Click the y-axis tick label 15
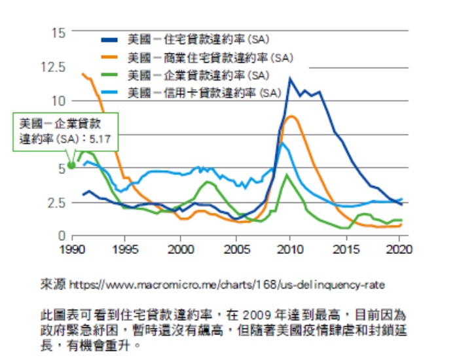pos(59,32)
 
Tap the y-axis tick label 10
pos(59,100)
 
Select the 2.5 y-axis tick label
pos(57,202)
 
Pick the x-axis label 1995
pos(125,249)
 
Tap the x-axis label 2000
pos(181,249)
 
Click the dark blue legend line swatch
pos(113,40)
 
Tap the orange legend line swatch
pos(113,57)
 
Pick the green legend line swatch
pos(113,75)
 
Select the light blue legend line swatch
pos(113,92)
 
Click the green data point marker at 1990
pos(71,165)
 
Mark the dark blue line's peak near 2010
pos(289,79)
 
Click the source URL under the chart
pos(226,285)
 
